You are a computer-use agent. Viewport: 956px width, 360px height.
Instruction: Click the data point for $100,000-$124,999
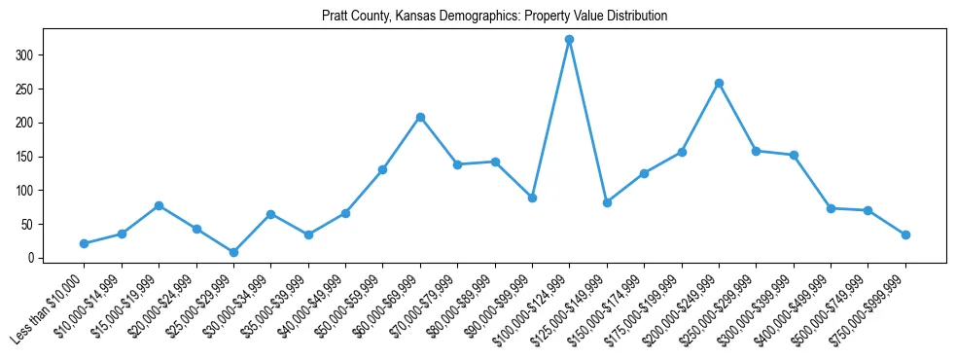click(569, 40)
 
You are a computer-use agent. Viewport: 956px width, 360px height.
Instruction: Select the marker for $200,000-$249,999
click(719, 84)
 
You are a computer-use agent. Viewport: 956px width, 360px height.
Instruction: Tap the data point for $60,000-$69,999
click(420, 118)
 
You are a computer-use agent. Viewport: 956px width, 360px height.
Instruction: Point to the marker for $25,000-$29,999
click(233, 252)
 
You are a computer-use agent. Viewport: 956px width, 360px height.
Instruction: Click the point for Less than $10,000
click(84, 243)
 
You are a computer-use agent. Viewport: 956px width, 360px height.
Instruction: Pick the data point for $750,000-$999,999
click(905, 234)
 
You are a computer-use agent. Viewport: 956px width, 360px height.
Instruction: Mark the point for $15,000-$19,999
click(159, 205)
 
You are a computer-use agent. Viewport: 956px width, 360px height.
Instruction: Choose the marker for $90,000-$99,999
click(532, 198)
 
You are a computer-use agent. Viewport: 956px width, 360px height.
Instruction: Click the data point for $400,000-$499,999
click(831, 208)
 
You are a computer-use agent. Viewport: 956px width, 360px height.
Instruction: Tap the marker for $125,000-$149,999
click(607, 202)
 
